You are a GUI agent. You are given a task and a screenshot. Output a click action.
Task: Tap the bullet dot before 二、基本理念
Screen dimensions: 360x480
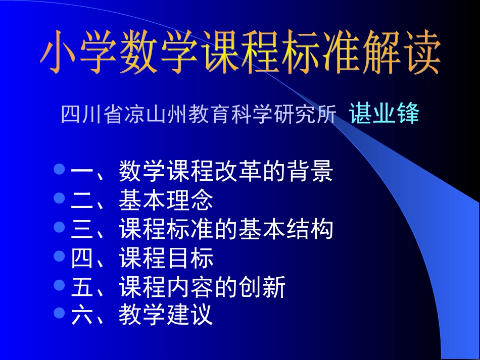(x=60, y=197)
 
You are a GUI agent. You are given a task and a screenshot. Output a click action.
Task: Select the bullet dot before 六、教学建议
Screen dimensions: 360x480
(x=60, y=313)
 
